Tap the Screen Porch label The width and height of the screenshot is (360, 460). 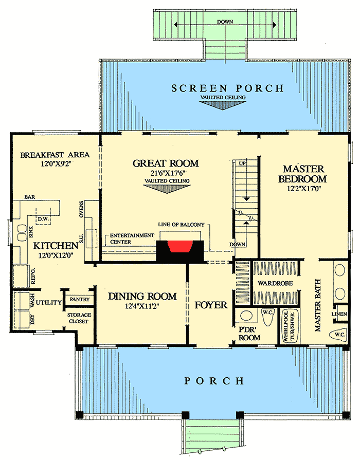pyautogui.click(x=228, y=88)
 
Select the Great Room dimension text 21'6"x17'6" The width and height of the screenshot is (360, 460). pyautogui.click(x=166, y=174)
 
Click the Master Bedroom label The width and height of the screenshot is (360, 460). pyautogui.click(x=302, y=174)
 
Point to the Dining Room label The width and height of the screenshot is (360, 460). pyautogui.click(x=142, y=297)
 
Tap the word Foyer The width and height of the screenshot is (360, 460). pyautogui.click(x=211, y=305)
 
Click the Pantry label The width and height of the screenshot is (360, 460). pyautogui.click(x=80, y=299)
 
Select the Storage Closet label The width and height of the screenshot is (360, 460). pyautogui.click(x=78, y=318)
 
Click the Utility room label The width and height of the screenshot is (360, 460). pyautogui.click(x=49, y=302)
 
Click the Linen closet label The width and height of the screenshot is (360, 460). pyautogui.click(x=339, y=313)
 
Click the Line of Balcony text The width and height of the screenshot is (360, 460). pyautogui.click(x=182, y=225)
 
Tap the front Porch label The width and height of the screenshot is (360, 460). pyautogui.click(x=214, y=381)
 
